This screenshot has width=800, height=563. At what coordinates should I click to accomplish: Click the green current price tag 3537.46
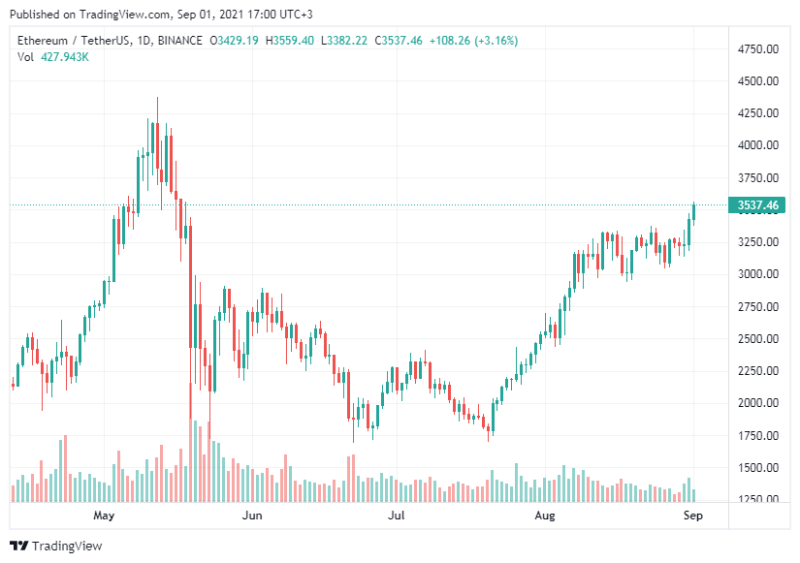(x=759, y=204)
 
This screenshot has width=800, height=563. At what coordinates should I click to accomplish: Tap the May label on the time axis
(x=104, y=516)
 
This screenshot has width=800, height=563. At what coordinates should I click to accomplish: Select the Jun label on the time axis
(x=252, y=516)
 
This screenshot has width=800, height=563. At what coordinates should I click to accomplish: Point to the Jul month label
(x=396, y=516)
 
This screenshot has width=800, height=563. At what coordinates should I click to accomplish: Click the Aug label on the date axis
(x=543, y=516)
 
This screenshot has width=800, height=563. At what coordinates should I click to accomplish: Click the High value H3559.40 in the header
(x=291, y=40)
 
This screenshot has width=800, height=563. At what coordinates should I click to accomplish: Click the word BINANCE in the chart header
(x=178, y=40)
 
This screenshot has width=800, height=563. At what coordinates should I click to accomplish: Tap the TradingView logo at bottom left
(x=56, y=546)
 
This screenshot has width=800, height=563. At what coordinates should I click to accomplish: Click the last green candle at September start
(x=694, y=213)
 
